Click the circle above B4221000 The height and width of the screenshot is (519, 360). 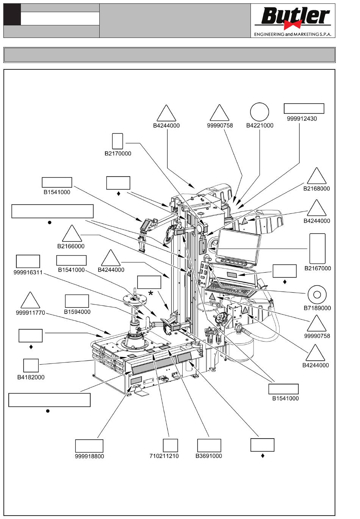[260, 112]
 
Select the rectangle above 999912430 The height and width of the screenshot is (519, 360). [304, 108]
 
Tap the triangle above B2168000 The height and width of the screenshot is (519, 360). [316, 177]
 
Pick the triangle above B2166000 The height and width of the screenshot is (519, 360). [72, 234]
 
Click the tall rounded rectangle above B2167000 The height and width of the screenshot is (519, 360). [317, 249]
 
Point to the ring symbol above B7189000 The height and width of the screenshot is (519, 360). [317, 295]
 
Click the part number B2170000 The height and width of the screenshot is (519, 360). [118, 154]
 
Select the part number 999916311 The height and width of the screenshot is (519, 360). [28, 272]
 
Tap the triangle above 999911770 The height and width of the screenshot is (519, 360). [30, 301]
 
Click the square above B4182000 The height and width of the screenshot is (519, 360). [31, 365]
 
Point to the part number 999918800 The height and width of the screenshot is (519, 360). [89, 456]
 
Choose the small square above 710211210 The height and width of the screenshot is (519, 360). [170, 445]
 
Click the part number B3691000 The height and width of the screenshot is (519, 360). [209, 456]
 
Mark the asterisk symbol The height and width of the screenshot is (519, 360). [151, 293]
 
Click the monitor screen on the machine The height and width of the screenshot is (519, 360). [238, 245]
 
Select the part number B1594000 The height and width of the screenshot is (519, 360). [77, 312]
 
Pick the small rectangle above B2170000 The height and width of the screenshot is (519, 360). [117, 141]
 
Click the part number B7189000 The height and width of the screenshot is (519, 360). [317, 308]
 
